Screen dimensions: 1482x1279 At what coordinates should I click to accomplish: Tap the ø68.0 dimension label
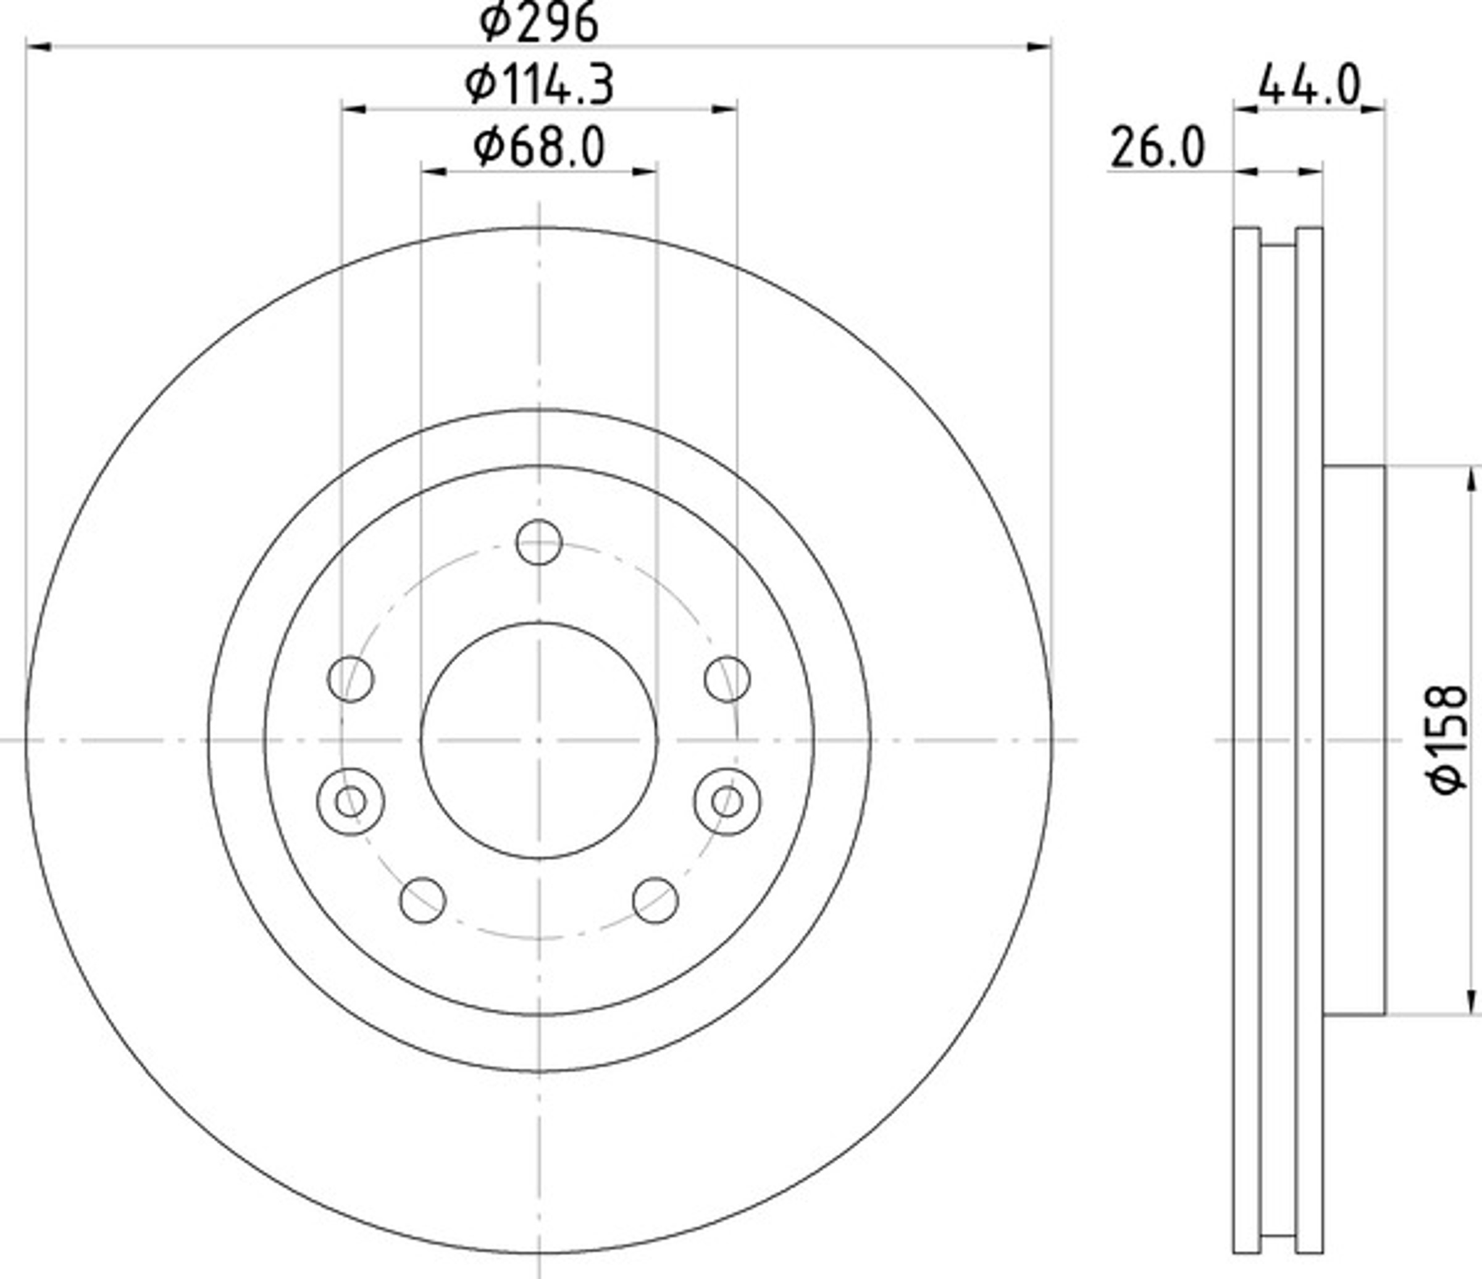click(538, 148)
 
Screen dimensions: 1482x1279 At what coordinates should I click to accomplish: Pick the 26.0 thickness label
click(1157, 148)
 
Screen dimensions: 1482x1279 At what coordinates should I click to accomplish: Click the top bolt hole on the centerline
click(538, 543)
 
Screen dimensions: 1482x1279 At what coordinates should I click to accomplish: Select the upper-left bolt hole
click(351, 678)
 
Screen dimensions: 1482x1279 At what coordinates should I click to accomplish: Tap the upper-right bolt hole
click(727, 678)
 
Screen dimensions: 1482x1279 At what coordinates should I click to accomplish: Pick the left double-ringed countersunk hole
click(351, 801)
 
